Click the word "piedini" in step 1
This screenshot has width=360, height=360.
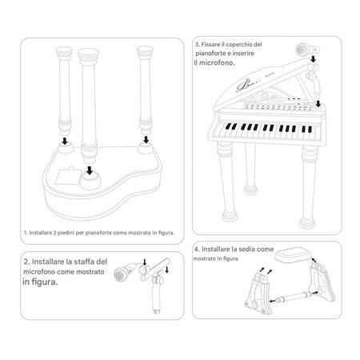(66, 233)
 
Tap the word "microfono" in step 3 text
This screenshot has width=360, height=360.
(217, 63)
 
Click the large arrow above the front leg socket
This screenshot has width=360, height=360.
(90, 170)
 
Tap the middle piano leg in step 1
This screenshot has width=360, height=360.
(89, 106)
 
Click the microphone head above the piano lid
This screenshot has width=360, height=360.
(303, 50)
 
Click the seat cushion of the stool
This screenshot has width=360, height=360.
(293, 254)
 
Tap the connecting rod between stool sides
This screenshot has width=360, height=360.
(294, 297)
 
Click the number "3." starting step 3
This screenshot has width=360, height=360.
(197, 45)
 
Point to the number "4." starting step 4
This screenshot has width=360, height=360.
(197, 250)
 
